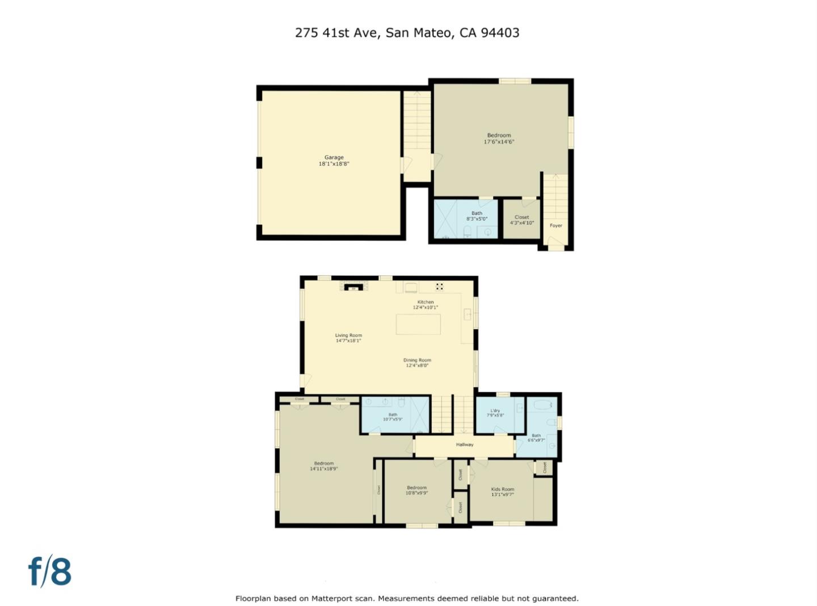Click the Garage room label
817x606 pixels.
[334, 158]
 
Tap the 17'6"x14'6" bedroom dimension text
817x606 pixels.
[499, 142]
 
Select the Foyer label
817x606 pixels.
[556, 226]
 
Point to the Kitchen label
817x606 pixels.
[426, 302]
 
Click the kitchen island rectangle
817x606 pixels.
[418, 324]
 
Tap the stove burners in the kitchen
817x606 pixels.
[440, 286]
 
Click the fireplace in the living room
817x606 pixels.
[354, 287]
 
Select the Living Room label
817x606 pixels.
[348, 336]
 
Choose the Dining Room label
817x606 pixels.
[417, 360]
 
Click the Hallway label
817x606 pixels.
[465, 444]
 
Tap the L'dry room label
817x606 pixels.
[495, 411]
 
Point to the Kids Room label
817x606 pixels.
[503, 489]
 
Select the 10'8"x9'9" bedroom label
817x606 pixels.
[416, 490]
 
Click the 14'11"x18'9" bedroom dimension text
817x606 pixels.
[324, 469]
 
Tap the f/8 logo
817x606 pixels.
[50, 571]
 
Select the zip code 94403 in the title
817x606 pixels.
[500, 32]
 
